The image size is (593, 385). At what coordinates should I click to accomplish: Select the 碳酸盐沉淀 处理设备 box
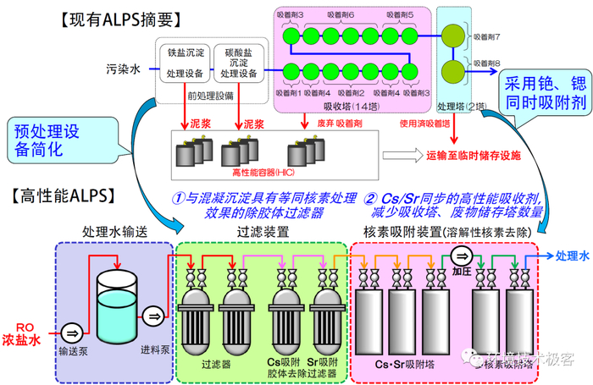click(236, 64)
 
